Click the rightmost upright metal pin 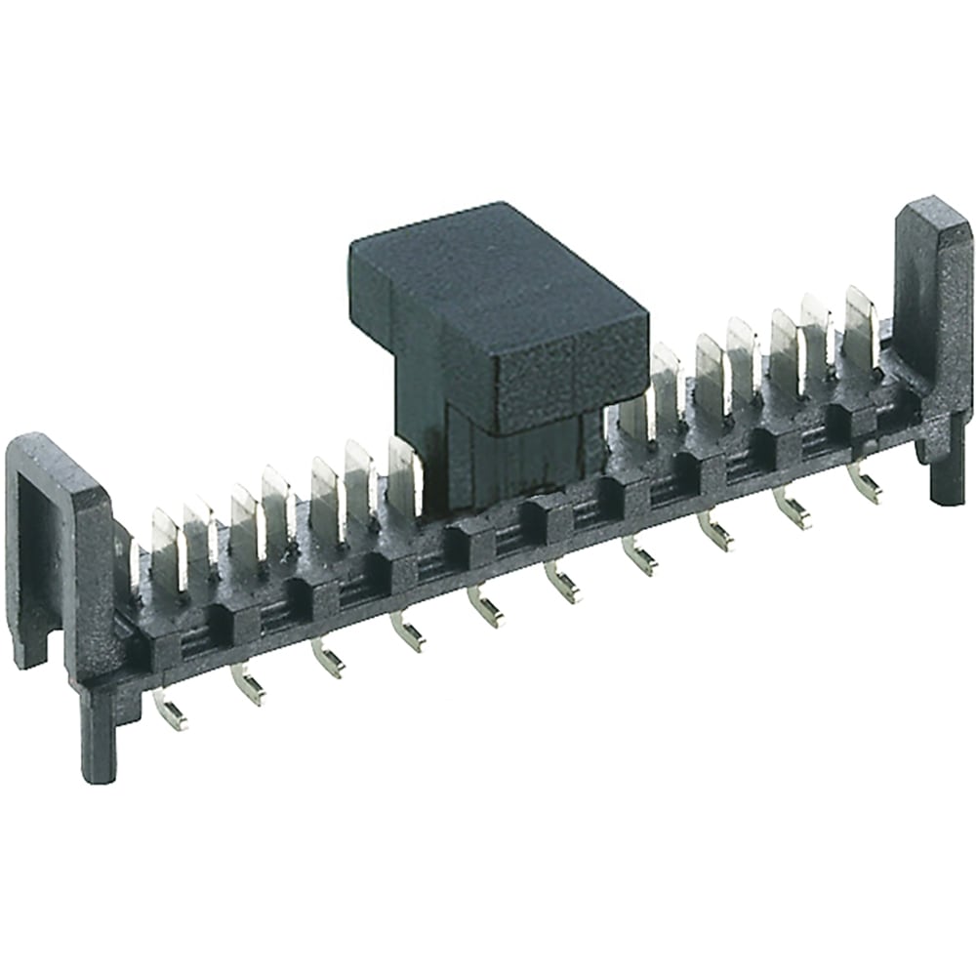tap(860, 322)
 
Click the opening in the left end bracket tap(37, 547)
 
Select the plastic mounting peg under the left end tap(100, 732)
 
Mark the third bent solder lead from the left tap(327, 659)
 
